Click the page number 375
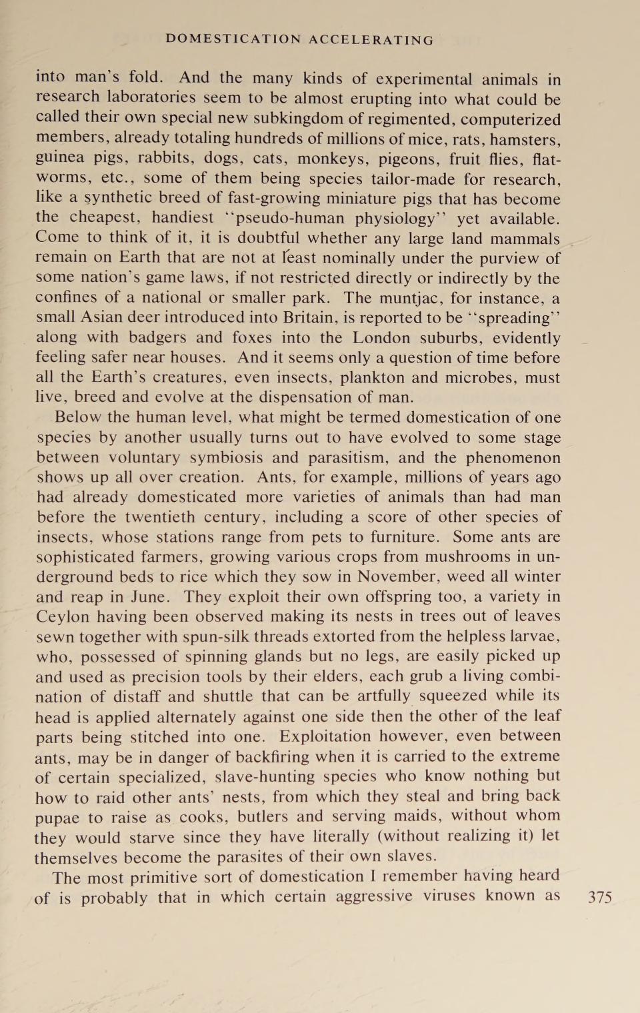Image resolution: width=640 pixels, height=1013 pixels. coord(599,897)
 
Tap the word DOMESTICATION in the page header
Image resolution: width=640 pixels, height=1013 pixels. coord(233,39)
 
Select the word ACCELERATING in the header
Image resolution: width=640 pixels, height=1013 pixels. coord(371,40)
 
